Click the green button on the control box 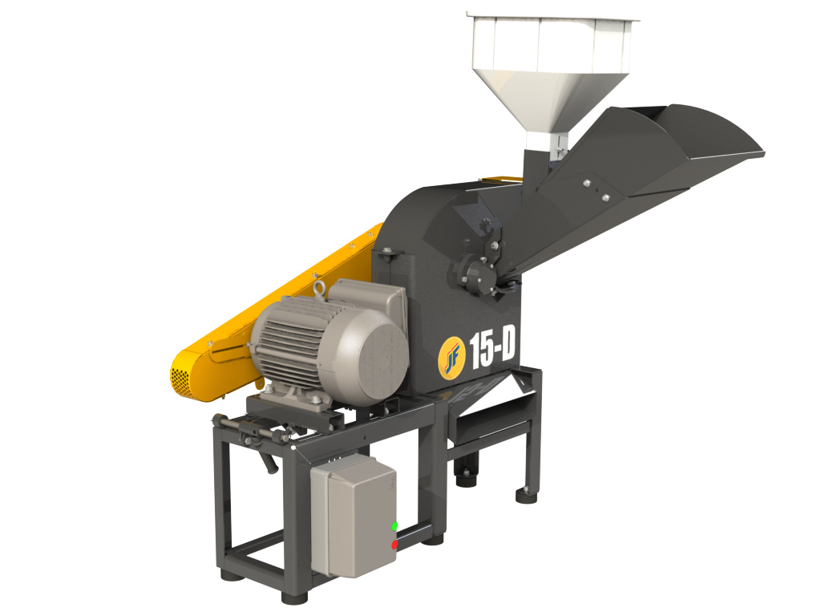[394, 525]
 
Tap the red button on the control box [394, 545]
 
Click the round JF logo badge [452, 357]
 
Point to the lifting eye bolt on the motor [319, 290]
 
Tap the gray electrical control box [354, 516]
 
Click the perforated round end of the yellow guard [180, 379]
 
